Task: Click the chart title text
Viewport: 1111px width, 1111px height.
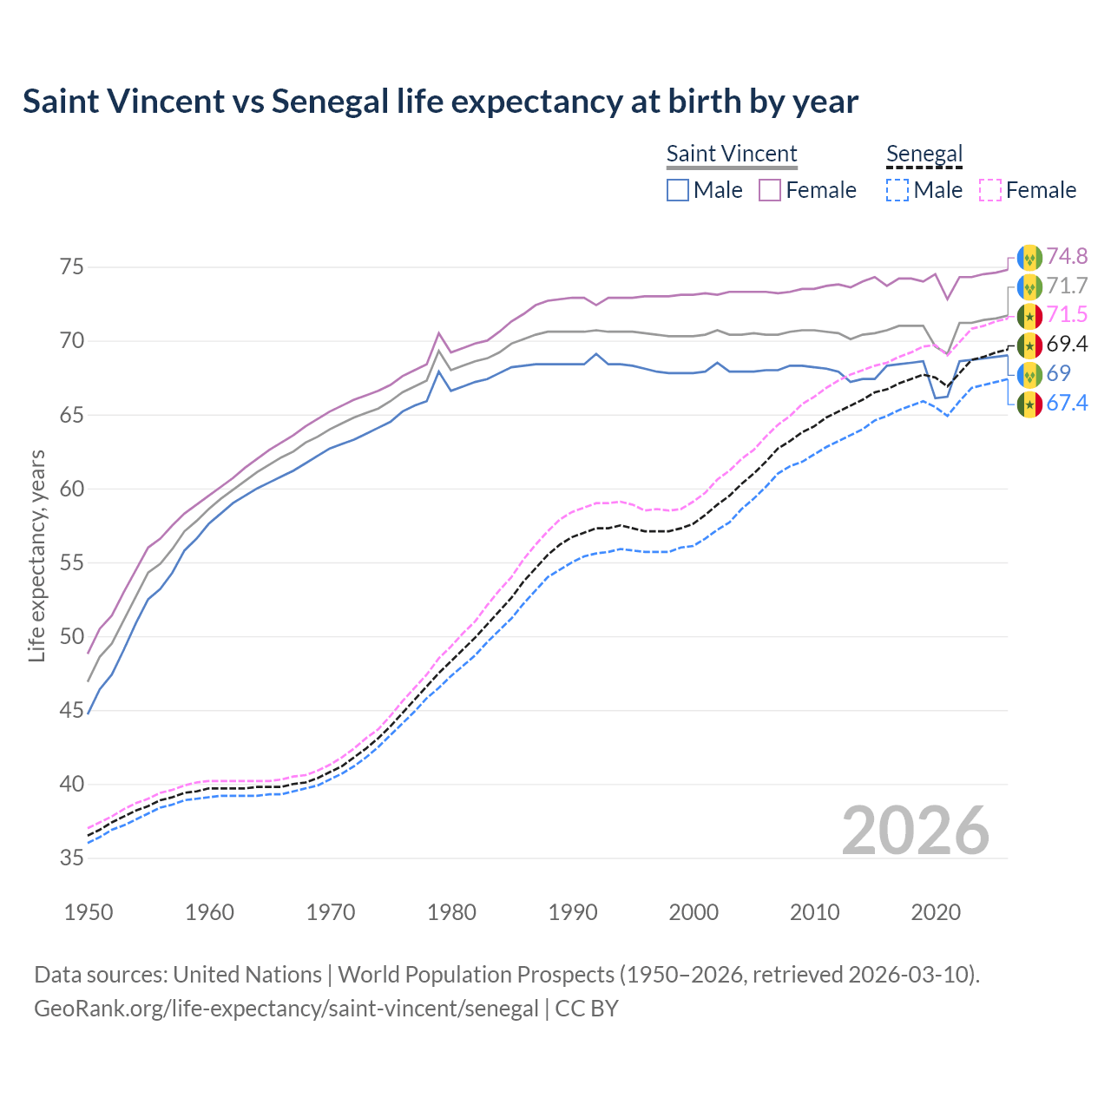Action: (440, 102)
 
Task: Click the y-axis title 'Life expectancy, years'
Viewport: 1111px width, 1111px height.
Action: (36, 555)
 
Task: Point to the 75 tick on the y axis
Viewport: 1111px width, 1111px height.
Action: (72, 266)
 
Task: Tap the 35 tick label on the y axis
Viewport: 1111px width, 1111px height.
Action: (72, 858)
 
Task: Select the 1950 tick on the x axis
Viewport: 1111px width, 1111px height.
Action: (89, 912)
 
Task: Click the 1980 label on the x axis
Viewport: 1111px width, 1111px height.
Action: (451, 912)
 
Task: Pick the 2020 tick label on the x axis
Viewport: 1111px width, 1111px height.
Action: (936, 912)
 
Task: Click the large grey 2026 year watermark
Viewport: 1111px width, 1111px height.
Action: (915, 831)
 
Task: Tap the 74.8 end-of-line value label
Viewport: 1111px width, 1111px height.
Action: (1067, 256)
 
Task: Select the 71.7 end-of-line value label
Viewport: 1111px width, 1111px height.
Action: (1067, 286)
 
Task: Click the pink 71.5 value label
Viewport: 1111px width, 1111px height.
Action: (1067, 314)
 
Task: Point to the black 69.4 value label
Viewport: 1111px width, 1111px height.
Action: (1067, 344)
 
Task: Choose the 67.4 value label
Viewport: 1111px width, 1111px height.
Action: (1067, 403)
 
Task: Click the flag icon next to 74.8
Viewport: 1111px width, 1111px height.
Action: (1029, 258)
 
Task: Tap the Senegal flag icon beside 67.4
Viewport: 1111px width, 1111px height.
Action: (1029, 404)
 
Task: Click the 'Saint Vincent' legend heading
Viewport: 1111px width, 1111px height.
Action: (731, 154)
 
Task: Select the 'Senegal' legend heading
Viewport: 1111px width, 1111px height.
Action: (924, 154)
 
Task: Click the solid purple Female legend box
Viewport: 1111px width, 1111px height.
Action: (770, 190)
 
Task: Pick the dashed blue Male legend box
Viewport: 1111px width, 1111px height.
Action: (897, 190)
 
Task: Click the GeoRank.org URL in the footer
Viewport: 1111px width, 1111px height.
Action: (286, 1009)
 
